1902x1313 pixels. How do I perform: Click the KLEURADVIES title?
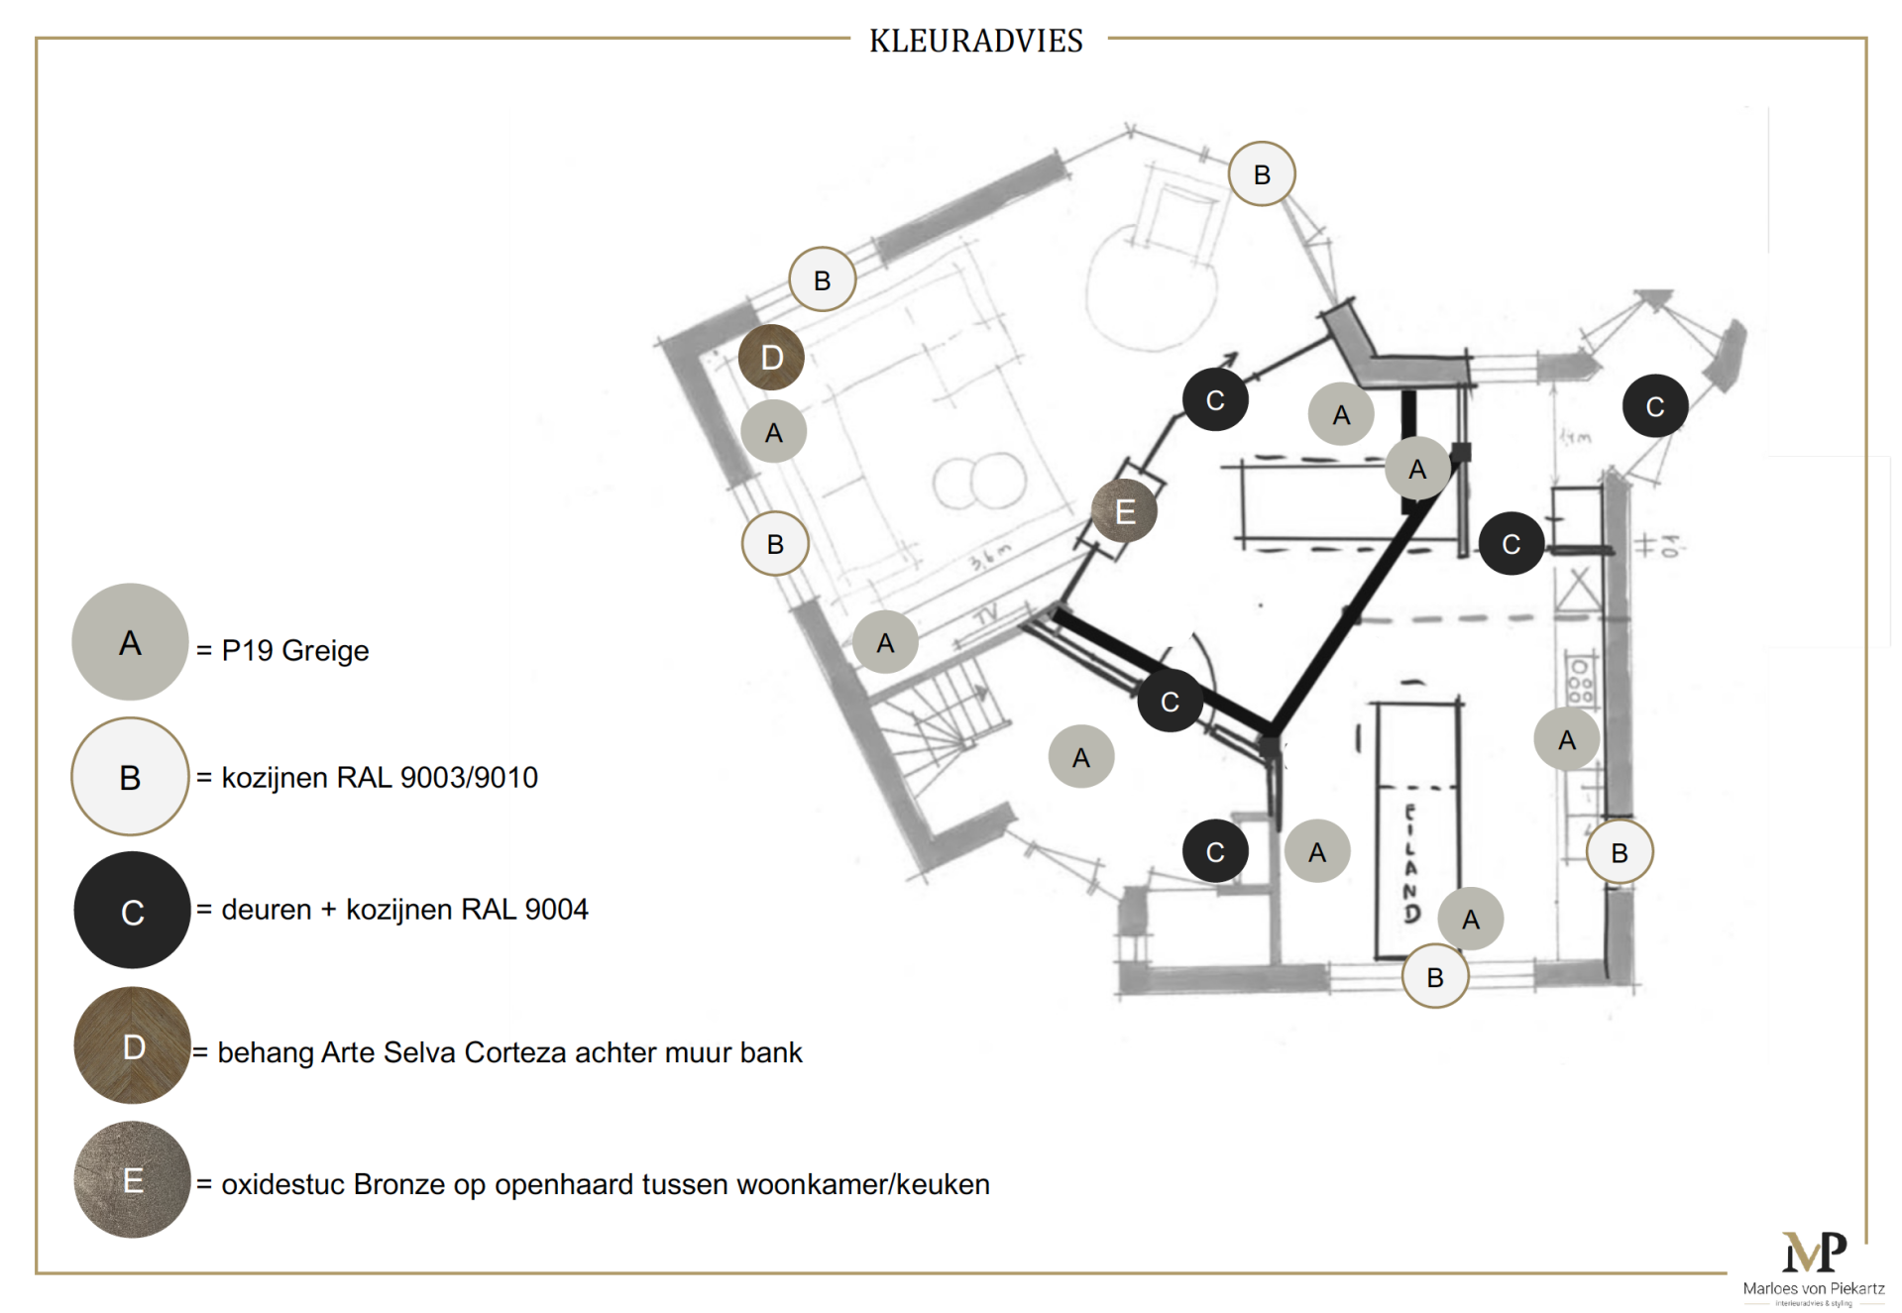pyautogui.click(x=975, y=41)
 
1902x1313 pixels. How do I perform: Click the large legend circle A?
pyautogui.click(x=130, y=642)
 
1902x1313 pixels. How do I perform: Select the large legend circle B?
pyautogui.click(x=130, y=777)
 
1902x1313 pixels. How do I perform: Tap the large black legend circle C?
pyautogui.click(x=132, y=910)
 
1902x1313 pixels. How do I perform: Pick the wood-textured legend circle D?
pyautogui.click(x=132, y=1045)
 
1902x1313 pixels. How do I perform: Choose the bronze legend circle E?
pyautogui.click(x=132, y=1179)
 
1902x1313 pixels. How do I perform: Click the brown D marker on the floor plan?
pyautogui.click(x=771, y=358)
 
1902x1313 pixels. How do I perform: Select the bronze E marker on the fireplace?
pyautogui.click(x=1124, y=512)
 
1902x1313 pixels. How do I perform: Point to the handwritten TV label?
pyautogui.click(x=986, y=615)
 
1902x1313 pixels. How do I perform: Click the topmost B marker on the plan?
pyautogui.click(x=1262, y=174)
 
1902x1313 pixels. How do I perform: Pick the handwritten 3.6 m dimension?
pyautogui.click(x=990, y=558)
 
